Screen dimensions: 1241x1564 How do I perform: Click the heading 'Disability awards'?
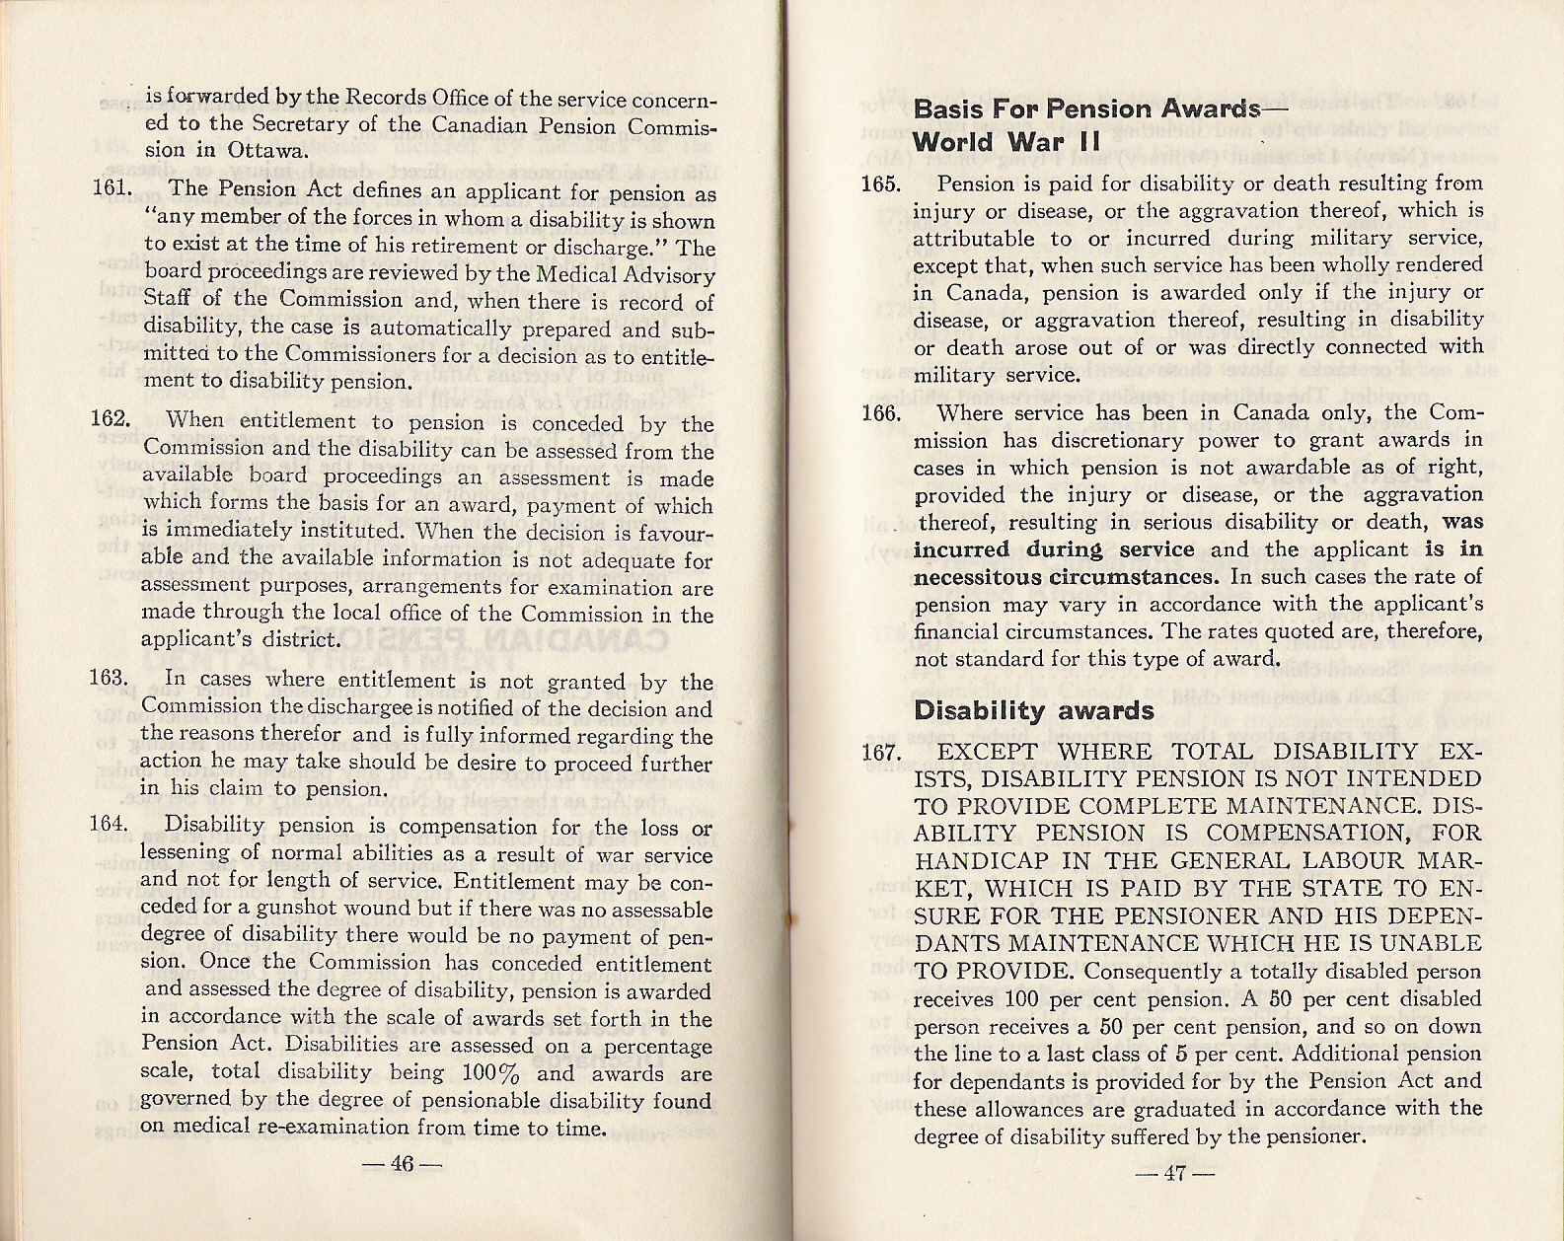click(1033, 710)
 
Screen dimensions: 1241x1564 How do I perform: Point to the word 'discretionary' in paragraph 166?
click(1134, 440)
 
